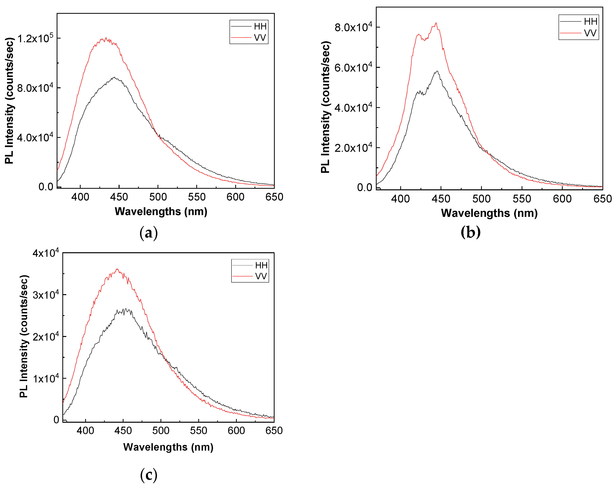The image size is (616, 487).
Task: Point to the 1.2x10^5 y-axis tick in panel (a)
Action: tap(35, 38)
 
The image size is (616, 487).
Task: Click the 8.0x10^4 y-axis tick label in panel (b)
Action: tap(353, 27)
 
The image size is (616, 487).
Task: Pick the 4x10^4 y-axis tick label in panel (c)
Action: tap(46, 253)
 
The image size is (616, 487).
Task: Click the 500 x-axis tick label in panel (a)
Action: tap(158, 197)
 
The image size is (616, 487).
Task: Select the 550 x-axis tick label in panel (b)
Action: tap(522, 199)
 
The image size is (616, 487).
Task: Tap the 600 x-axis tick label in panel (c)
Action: tap(236, 431)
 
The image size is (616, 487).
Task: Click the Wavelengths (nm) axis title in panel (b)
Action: tap(489, 213)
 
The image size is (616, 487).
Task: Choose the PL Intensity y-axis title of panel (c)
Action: tap(24, 336)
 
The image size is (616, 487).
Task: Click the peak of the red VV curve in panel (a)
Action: tap(106, 38)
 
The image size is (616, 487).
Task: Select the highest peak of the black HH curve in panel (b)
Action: tap(437, 71)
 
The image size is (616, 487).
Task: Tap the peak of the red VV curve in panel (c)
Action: tap(117, 269)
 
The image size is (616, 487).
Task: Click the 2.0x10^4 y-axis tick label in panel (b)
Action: tap(353, 148)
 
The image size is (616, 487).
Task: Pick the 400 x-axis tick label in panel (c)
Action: tap(85, 431)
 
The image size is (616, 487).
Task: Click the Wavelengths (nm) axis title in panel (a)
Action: tap(161, 212)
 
